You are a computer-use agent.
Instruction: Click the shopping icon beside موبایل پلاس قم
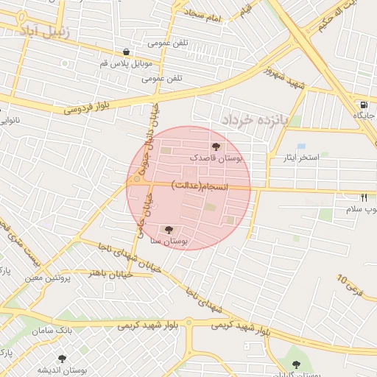pos(127,52)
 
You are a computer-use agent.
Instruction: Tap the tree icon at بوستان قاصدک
pos(215,147)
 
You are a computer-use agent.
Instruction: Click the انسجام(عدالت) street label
pos(200,186)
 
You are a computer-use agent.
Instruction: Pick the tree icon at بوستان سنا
pos(170,230)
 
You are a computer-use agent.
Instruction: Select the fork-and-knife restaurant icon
pos(363,197)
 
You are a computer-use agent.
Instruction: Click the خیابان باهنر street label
pos(108,272)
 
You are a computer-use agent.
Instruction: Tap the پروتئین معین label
pos(49,278)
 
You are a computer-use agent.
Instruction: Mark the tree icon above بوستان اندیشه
pos(62,359)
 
